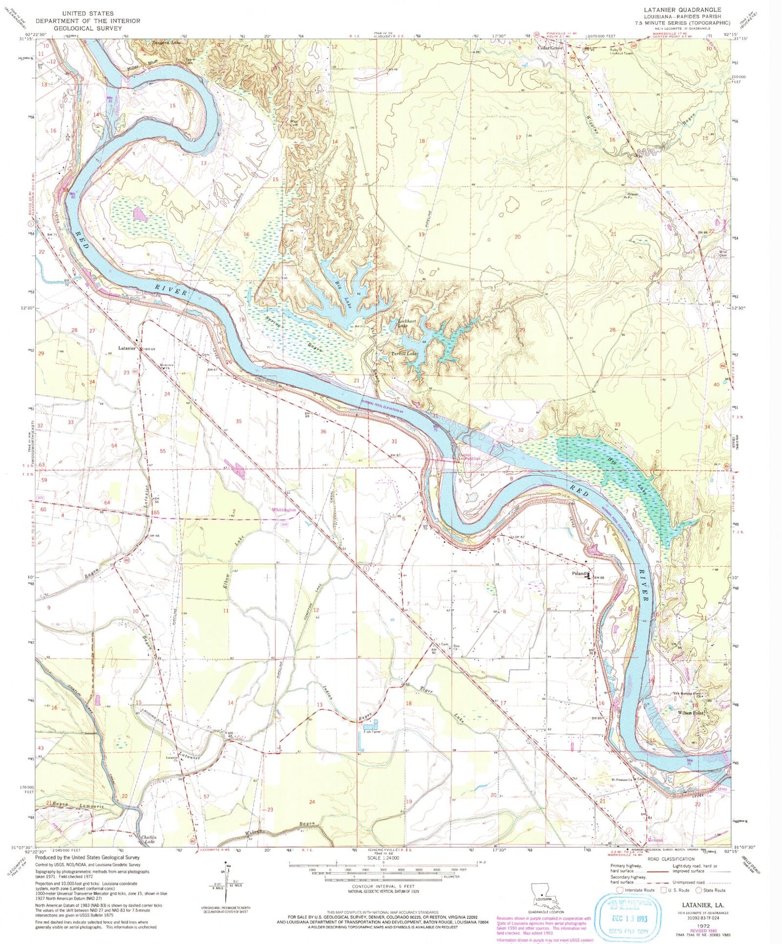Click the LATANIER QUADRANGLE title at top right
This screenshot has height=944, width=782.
pos(681,10)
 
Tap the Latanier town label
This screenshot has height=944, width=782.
pos(127,349)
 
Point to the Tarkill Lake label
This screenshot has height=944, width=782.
pos(404,354)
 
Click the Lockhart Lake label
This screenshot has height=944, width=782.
pos(406,323)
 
